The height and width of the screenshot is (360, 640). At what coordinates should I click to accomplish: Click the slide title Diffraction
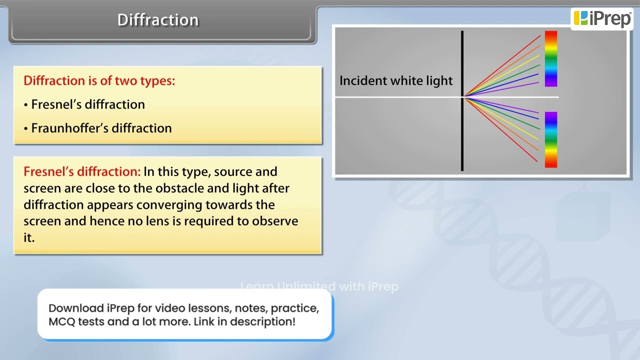158,20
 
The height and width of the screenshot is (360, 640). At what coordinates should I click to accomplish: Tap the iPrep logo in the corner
602,18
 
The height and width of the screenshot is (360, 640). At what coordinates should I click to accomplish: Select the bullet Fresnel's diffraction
87,104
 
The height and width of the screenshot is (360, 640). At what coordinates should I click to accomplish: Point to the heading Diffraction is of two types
99,80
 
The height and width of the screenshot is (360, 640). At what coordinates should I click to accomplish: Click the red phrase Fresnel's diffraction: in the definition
82,171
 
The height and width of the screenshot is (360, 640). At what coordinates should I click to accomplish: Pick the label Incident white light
396,81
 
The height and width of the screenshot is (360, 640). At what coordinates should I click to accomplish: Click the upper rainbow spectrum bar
550,59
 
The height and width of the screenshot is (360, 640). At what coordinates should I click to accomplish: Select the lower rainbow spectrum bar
550,139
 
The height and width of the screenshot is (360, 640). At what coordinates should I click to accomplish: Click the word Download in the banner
76,308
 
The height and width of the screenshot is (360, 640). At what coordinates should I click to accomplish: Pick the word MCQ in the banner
61,321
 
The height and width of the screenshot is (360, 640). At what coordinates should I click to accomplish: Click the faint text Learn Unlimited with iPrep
319,286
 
